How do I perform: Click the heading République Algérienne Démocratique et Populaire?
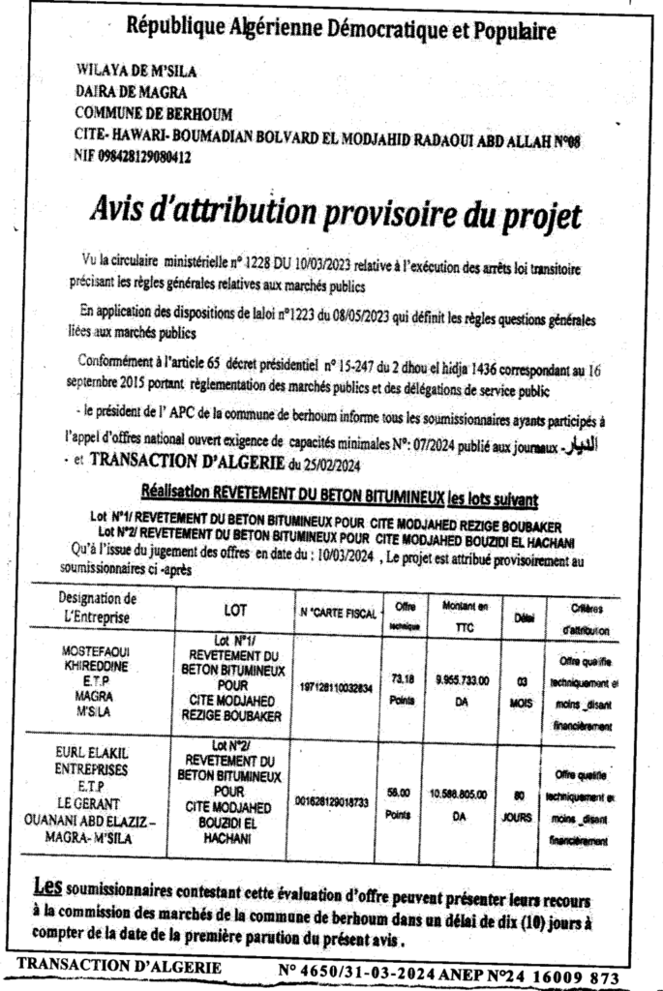click(x=342, y=30)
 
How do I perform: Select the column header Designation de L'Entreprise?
click(x=96, y=608)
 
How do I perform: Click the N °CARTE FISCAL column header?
click(x=336, y=613)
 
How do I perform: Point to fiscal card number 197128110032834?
click(x=335, y=694)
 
